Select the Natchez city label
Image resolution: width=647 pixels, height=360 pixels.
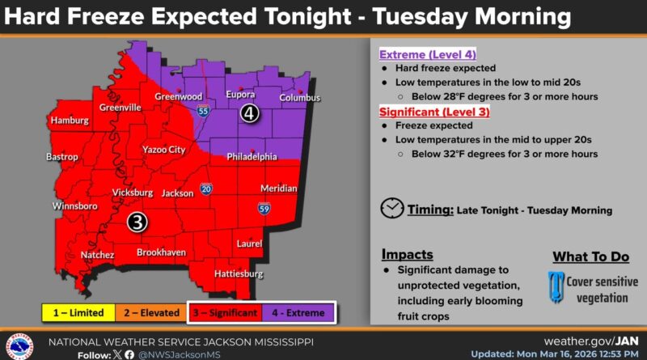96,255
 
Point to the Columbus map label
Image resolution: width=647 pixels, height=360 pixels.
300,98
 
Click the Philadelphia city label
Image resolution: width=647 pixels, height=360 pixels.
251,155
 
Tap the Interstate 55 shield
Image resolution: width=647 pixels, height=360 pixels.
203,110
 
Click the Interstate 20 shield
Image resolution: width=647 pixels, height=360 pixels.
207,188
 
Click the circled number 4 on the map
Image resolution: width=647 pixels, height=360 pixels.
251,114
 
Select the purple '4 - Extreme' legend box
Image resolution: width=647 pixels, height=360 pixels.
296,312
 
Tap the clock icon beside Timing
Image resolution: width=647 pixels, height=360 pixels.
392,208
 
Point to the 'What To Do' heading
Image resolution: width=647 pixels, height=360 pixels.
590,256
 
